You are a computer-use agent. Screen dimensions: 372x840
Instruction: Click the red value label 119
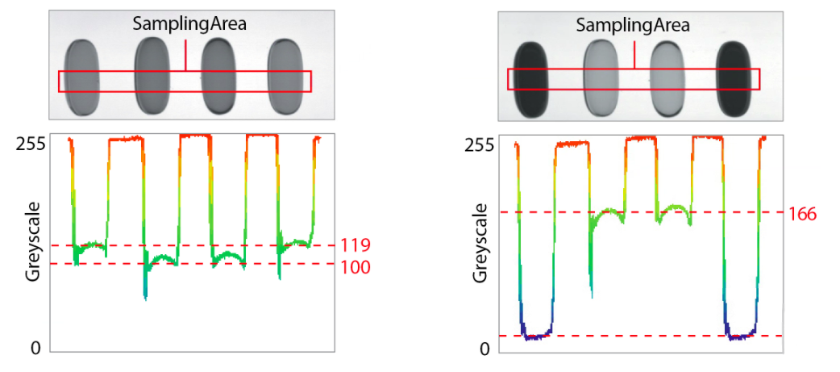(x=356, y=245)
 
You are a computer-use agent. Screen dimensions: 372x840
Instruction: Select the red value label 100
(x=356, y=267)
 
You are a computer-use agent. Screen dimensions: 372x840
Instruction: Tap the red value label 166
(x=802, y=214)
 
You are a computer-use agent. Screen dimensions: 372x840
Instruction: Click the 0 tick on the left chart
(x=35, y=348)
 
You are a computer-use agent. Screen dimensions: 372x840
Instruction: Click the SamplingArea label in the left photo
(x=189, y=23)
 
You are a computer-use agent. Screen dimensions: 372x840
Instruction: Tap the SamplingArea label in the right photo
(x=633, y=25)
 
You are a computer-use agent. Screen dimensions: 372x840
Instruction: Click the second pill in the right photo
(x=600, y=78)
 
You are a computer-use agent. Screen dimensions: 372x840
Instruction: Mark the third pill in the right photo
(x=666, y=78)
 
